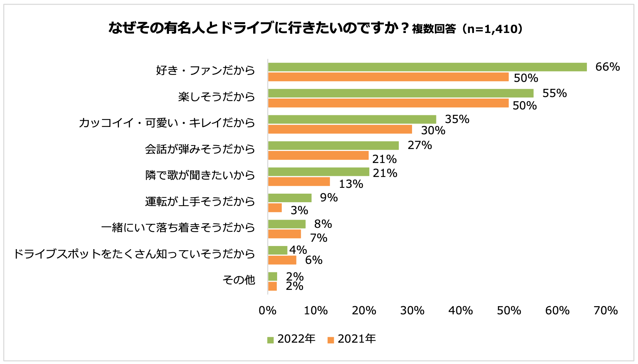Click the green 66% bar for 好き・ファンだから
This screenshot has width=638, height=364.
[x=427, y=67]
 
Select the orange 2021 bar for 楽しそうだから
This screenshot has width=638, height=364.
[x=388, y=103]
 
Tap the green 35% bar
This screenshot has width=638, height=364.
[x=352, y=120]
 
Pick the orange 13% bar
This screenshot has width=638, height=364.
[x=299, y=182]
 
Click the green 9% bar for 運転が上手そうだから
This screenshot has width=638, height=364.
[x=290, y=198]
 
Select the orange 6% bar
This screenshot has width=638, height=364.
[x=282, y=260]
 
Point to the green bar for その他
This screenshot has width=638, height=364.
[x=272, y=276]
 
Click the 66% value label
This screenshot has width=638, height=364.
[x=607, y=67]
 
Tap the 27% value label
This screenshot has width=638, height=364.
[x=419, y=145]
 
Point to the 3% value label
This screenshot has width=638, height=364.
[x=299, y=210]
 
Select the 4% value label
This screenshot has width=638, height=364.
[x=298, y=250]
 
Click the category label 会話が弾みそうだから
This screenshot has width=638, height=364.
[x=200, y=149]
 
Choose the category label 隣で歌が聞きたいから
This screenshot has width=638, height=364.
[x=200, y=175]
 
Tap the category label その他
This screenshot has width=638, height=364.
[x=239, y=280]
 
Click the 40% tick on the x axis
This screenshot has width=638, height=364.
[x=460, y=310]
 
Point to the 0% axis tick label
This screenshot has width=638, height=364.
[x=267, y=310]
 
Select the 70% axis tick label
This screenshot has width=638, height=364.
[x=605, y=310]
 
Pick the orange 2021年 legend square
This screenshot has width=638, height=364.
[x=331, y=340]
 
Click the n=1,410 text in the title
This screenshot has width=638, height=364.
[x=492, y=29]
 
